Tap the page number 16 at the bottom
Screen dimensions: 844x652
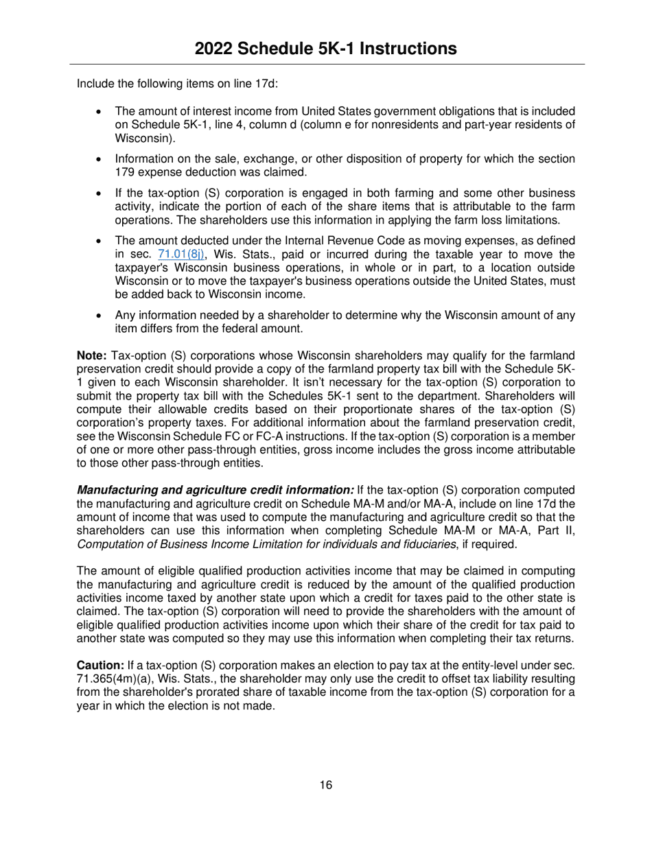tap(326, 785)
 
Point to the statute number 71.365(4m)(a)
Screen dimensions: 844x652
tap(111, 679)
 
